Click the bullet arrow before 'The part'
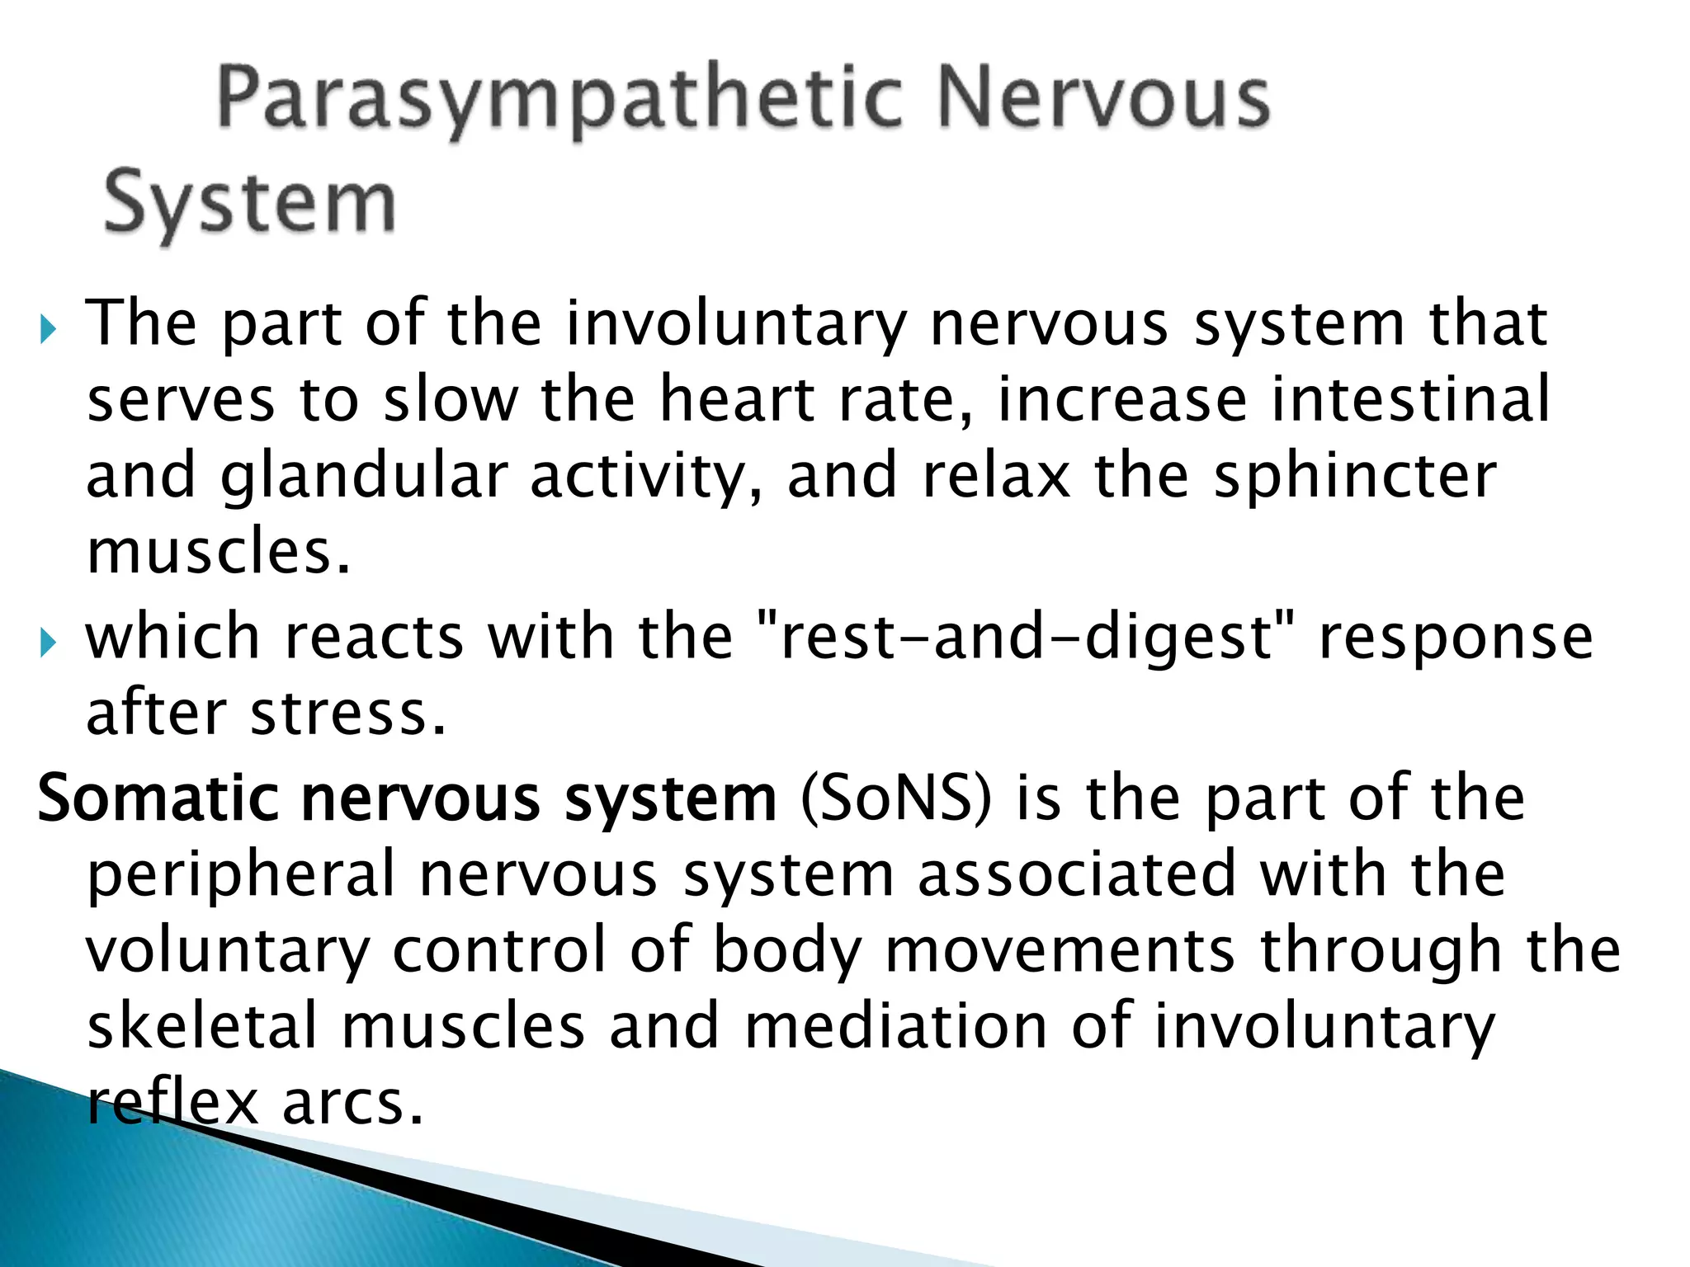(x=49, y=331)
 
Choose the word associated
(x=1077, y=874)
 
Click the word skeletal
(x=202, y=1026)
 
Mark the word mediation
(x=896, y=1026)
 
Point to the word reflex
(x=172, y=1102)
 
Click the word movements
(x=1060, y=950)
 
